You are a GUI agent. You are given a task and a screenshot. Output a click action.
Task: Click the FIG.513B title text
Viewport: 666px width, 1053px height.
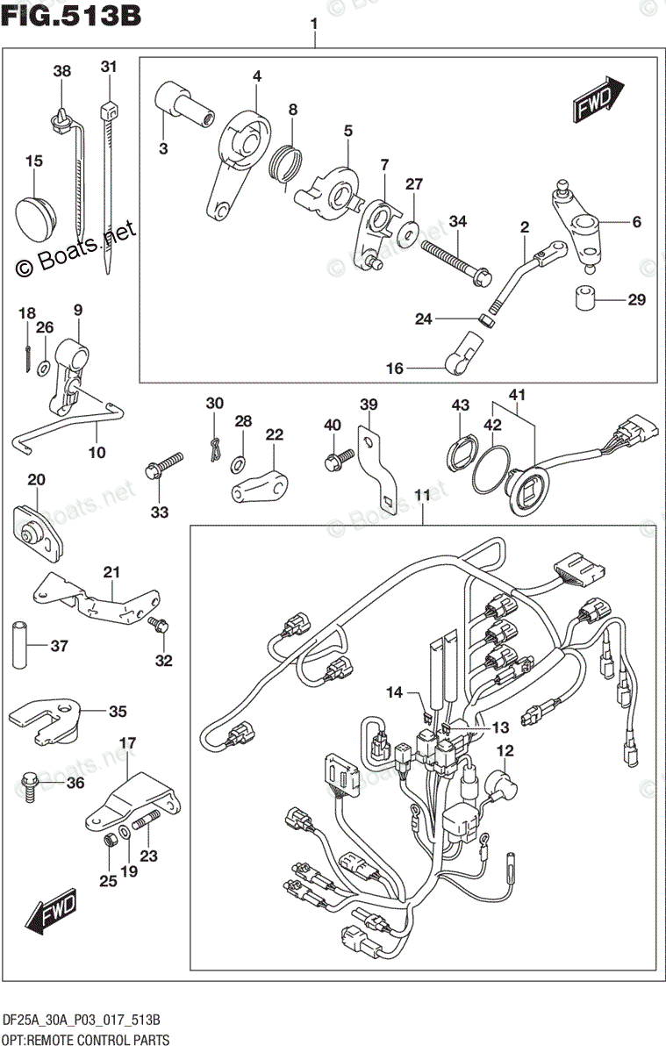click(x=72, y=16)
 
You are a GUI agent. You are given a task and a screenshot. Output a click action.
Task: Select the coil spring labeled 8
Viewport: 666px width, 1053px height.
click(x=287, y=167)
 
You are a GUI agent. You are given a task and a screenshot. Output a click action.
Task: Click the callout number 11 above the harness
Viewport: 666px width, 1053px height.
click(x=422, y=496)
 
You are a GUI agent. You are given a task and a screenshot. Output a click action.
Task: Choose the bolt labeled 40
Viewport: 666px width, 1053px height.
click(x=337, y=457)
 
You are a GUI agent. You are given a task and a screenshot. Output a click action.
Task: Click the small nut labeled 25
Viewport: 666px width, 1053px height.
click(x=111, y=842)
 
